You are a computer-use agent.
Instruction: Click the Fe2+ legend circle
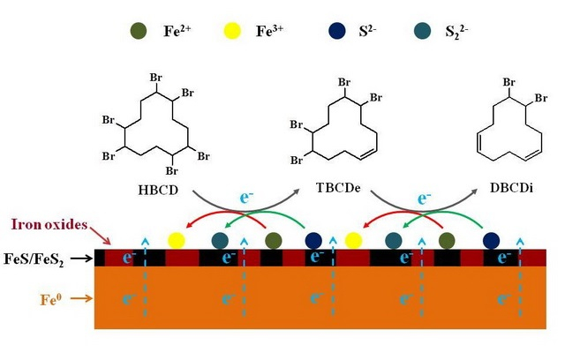click(139, 31)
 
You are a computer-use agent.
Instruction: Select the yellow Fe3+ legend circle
click(231, 31)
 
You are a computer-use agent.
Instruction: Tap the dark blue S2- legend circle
click(337, 31)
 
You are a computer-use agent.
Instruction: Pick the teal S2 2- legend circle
click(422, 31)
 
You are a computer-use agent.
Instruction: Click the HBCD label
click(158, 190)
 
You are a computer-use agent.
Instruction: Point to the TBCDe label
click(338, 188)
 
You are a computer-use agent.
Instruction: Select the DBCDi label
click(511, 188)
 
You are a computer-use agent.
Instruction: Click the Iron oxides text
click(49, 225)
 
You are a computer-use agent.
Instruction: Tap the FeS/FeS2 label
click(34, 259)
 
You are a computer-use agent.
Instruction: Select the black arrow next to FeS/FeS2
click(81, 259)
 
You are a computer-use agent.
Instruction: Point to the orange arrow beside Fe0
click(81, 298)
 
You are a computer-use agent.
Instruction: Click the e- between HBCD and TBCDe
click(246, 197)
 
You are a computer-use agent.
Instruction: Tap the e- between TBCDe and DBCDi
click(424, 198)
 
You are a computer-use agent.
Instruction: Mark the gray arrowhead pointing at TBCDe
click(297, 191)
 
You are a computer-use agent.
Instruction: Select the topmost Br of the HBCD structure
click(156, 78)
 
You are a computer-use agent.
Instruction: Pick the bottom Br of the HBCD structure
click(172, 170)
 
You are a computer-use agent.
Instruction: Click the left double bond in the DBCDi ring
click(479, 142)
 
